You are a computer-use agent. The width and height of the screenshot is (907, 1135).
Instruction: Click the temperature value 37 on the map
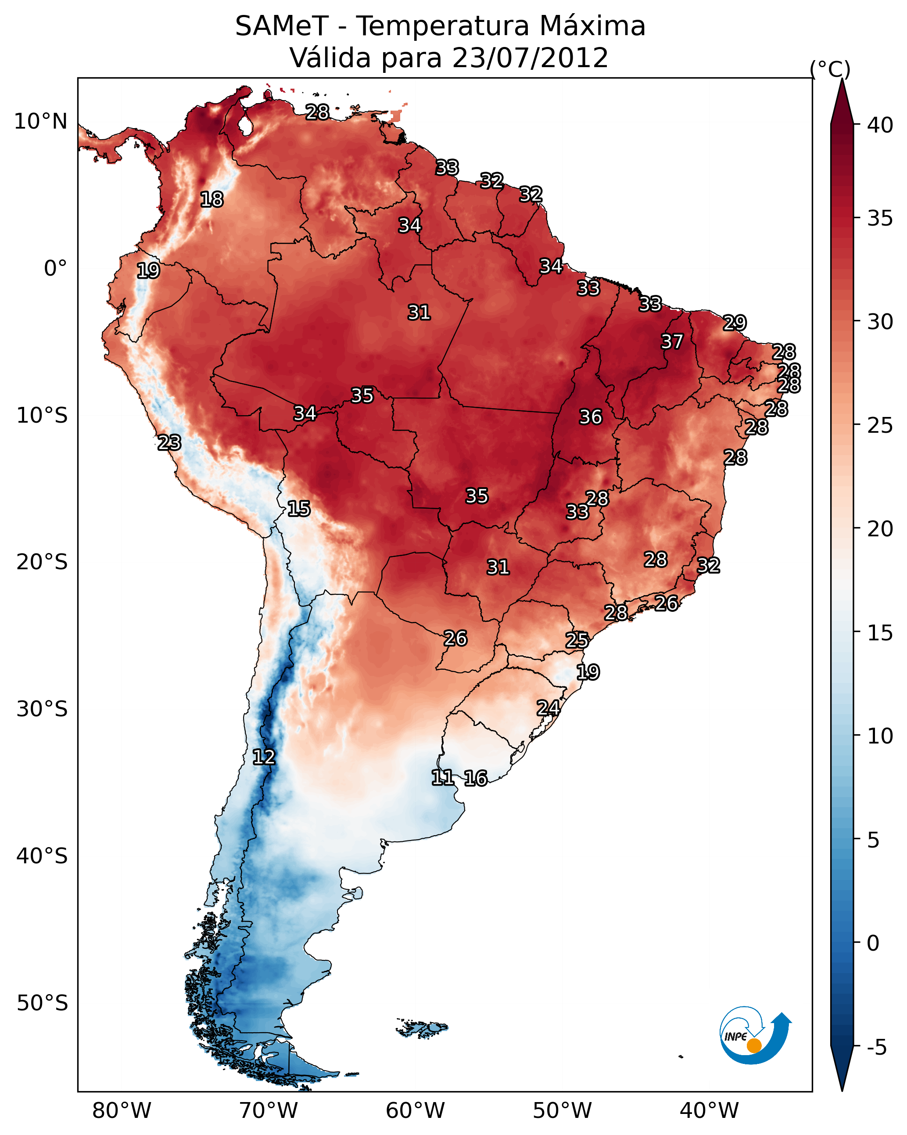[672, 341]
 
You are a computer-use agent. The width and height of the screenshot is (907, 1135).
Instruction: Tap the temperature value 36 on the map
[591, 417]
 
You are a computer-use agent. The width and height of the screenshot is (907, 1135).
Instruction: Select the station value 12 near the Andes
[264, 757]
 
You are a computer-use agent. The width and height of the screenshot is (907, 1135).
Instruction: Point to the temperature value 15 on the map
[299, 509]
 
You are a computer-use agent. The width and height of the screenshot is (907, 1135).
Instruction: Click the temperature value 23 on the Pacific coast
[169, 443]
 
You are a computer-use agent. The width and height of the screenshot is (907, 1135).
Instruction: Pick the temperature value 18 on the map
[212, 200]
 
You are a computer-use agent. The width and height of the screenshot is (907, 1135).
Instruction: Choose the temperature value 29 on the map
[735, 322]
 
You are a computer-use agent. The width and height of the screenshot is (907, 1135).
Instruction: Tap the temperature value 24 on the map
[549, 708]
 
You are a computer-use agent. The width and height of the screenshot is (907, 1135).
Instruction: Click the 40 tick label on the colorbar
[880, 125]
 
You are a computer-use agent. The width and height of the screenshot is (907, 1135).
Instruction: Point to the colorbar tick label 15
[880, 633]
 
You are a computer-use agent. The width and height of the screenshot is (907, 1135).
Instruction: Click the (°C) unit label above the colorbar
[830, 69]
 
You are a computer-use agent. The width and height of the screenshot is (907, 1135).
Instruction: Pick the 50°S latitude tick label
[42, 1003]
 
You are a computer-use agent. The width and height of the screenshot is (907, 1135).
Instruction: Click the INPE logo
[755, 1035]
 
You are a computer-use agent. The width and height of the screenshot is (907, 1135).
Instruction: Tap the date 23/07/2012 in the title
[530, 57]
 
